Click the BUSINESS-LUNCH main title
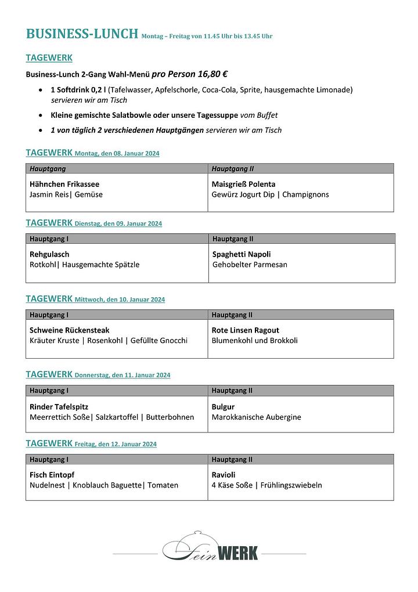(82, 34)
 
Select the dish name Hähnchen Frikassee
(64, 184)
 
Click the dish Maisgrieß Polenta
(243, 184)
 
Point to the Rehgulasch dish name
(49, 254)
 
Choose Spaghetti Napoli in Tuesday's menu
(242, 254)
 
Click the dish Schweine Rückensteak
(69, 330)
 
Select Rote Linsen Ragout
(245, 330)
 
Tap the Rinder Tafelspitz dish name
(59, 406)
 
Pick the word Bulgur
(223, 406)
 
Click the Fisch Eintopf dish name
(52, 475)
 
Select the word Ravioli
(224, 475)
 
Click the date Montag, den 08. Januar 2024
(117, 154)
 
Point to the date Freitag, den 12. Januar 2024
(116, 445)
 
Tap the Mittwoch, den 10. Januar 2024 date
(120, 300)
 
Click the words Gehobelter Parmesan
(250, 265)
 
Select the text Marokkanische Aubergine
(256, 417)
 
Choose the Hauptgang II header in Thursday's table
(232, 391)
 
